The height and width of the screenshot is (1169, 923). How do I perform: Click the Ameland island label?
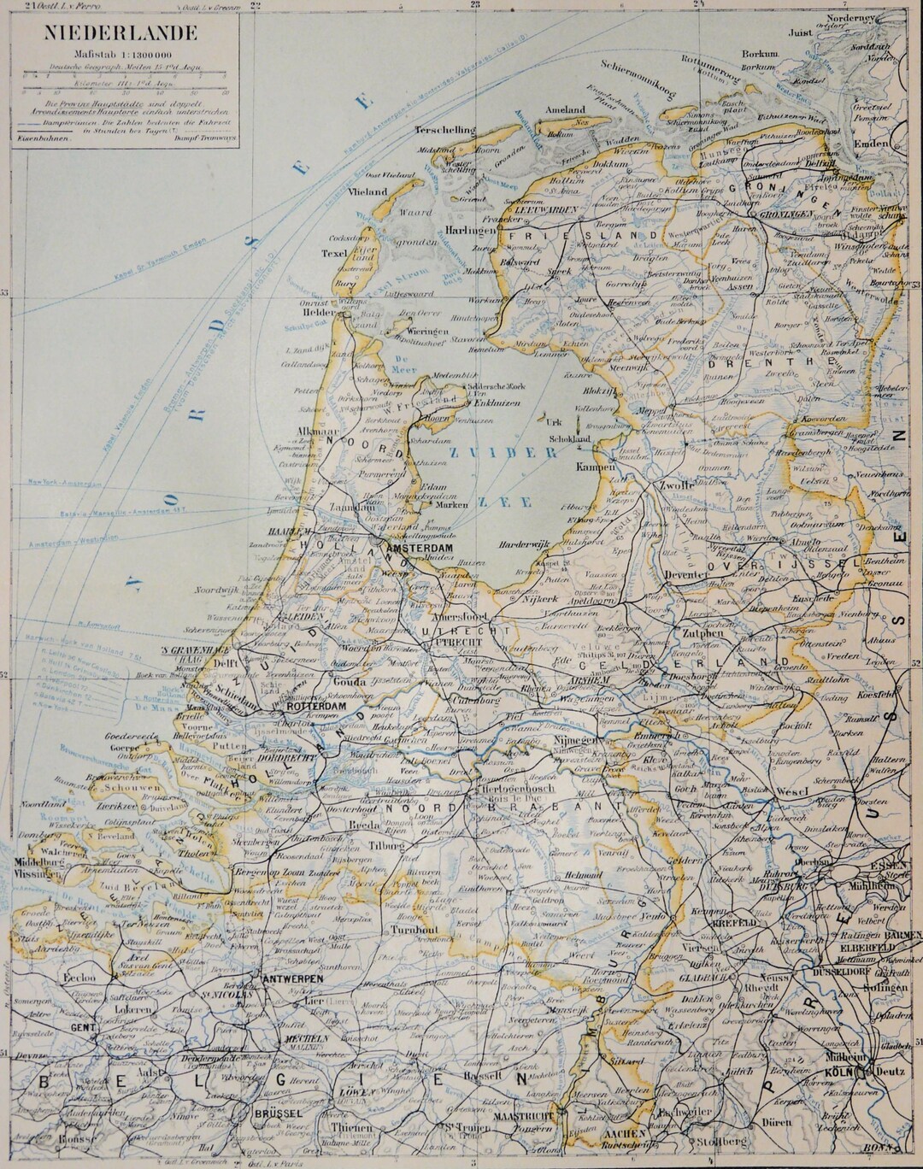point(565,110)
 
